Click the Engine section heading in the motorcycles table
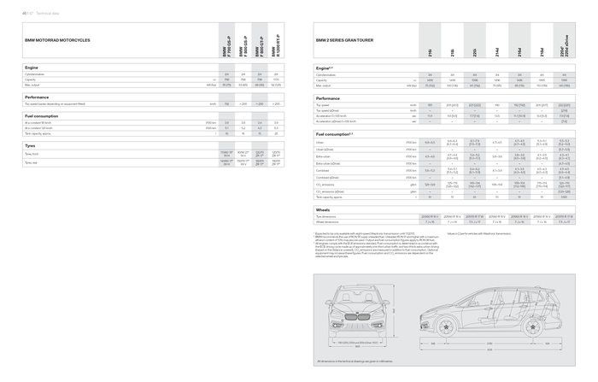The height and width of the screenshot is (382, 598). [x=32, y=67]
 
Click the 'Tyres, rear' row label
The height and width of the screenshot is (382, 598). [x=33, y=162]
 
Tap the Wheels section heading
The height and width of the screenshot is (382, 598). [x=323, y=209]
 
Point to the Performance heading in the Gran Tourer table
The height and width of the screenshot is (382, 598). [x=328, y=97]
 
